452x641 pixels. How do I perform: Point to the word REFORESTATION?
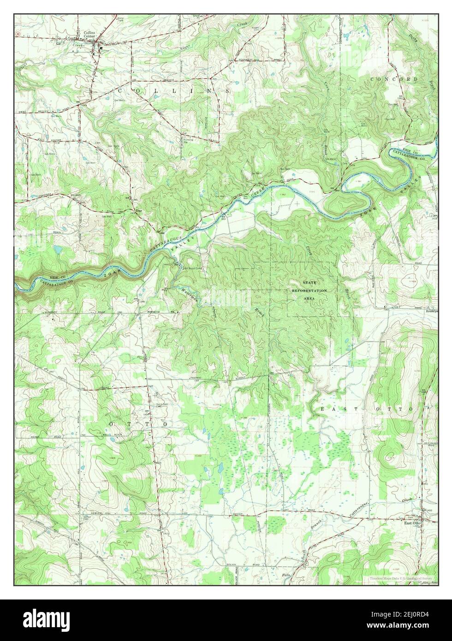point(309,291)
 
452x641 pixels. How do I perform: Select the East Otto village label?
point(413,523)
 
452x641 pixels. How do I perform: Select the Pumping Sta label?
point(188,140)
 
